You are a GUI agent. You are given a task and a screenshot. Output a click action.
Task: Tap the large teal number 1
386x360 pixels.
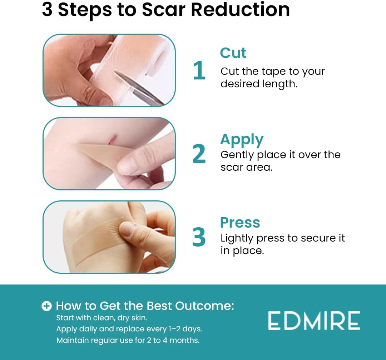coord(199,70)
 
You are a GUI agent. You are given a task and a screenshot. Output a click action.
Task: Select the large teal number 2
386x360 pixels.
coord(199,154)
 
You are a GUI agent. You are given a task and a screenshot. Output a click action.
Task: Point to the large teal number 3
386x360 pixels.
coord(199,237)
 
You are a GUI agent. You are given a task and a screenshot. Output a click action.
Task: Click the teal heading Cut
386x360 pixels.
coord(233,53)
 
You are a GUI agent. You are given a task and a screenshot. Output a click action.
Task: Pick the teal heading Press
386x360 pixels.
coord(240,223)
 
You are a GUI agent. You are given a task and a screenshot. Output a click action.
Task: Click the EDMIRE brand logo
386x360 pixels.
coord(314,321)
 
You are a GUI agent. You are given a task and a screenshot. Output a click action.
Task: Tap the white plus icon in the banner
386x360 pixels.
coord(46,306)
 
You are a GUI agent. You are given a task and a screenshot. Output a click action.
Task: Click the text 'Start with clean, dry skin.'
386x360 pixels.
coord(102,317)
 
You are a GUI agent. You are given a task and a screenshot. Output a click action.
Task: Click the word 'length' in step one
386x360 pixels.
coord(276,84)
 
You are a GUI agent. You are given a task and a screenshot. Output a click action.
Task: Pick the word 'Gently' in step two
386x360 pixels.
coord(237,155)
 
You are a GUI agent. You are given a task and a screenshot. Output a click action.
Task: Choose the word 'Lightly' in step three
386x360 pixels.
coord(237,238)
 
